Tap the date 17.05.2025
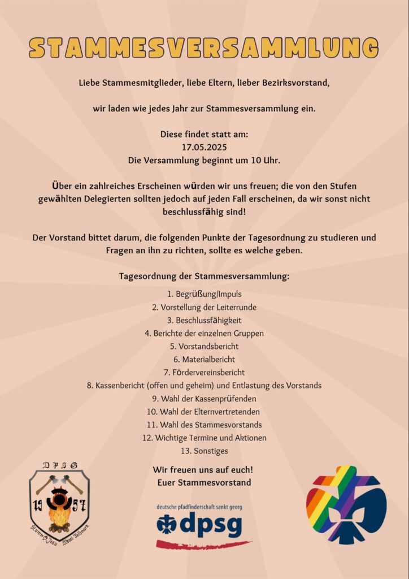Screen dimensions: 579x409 point(204,147)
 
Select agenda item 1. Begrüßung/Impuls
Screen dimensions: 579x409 point(204,294)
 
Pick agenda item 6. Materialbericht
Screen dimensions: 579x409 point(204,359)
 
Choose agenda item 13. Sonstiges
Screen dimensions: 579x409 point(204,451)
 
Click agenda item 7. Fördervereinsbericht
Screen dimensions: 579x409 point(204,372)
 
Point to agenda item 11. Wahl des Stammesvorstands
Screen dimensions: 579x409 point(204,425)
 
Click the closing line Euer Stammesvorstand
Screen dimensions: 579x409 point(204,482)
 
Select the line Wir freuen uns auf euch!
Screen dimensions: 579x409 point(202,470)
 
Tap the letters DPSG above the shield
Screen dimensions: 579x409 point(59,465)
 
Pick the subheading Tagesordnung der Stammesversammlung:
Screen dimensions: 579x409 point(204,277)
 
